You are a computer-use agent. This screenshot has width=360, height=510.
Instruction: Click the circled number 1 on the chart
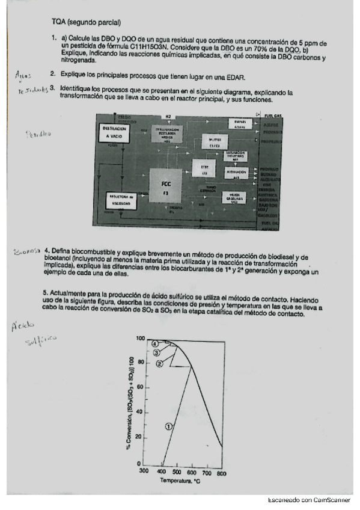click(169, 426)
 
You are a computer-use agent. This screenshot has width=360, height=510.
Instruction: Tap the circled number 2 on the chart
click(159, 363)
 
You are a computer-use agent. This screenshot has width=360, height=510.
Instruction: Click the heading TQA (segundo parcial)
click(87, 23)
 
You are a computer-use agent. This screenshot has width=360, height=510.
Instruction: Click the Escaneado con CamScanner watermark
click(312, 501)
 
